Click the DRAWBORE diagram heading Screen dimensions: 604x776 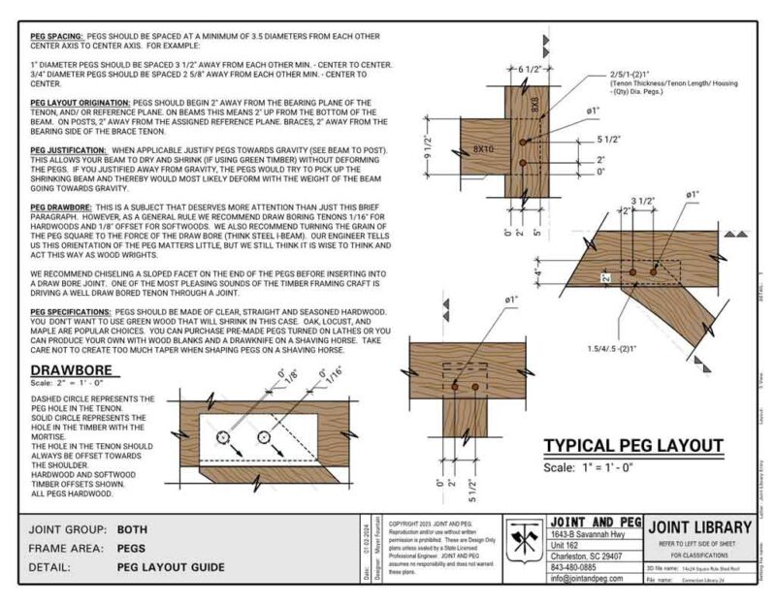[74, 370]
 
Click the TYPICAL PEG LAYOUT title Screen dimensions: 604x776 [632, 446]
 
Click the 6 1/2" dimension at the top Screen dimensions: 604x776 [528, 71]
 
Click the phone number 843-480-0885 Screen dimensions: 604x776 [575, 569]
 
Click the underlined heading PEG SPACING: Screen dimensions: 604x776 [56, 35]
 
